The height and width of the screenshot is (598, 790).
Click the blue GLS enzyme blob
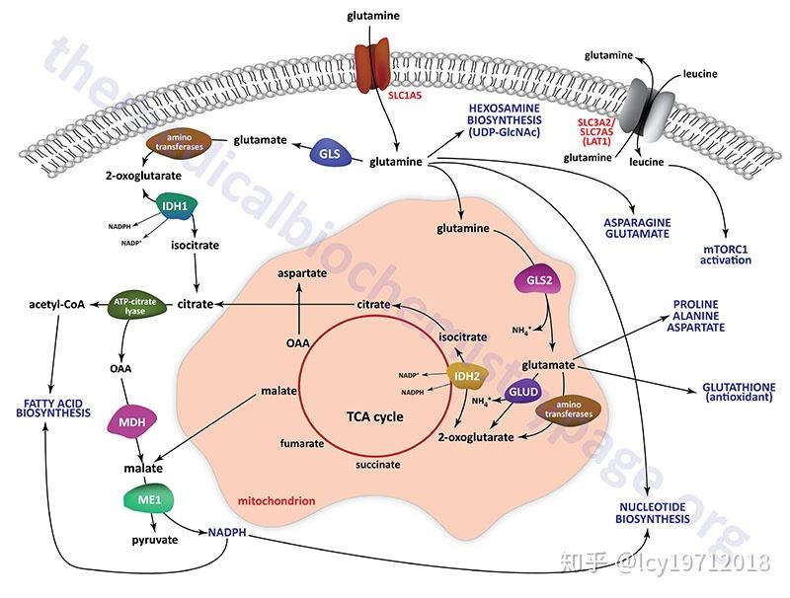point(330,154)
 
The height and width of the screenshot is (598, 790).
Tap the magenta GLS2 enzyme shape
point(539,280)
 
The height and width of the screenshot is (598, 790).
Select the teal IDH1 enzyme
point(175,206)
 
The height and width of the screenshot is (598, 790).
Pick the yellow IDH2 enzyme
point(467,376)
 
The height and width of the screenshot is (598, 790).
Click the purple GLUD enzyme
point(523,392)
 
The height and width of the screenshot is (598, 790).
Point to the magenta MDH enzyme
point(132,421)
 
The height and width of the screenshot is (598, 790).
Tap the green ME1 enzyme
point(150,499)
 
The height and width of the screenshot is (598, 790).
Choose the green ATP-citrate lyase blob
point(135,306)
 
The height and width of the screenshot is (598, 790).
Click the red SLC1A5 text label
point(405,95)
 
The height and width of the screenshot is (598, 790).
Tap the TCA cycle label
point(375,416)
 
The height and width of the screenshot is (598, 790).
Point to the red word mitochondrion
point(276,501)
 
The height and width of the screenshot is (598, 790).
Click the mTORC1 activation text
point(726,255)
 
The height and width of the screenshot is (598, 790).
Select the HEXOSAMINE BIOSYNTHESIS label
point(504,120)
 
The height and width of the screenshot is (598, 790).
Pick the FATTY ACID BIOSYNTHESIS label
point(53,408)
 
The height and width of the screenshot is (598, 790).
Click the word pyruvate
point(155,540)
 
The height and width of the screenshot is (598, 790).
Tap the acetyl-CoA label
point(57,304)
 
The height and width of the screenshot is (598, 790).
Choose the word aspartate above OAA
point(302,273)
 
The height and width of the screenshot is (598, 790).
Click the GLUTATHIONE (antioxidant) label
point(739,392)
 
